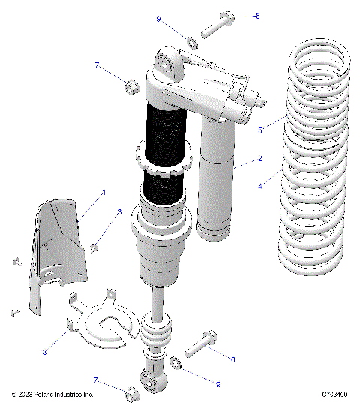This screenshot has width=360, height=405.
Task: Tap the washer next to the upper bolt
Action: pos(191,40)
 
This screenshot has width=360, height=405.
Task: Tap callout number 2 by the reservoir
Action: pos(259,158)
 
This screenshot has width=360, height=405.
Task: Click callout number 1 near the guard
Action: pos(103,193)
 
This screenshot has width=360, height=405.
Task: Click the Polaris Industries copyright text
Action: pos(52,394)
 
